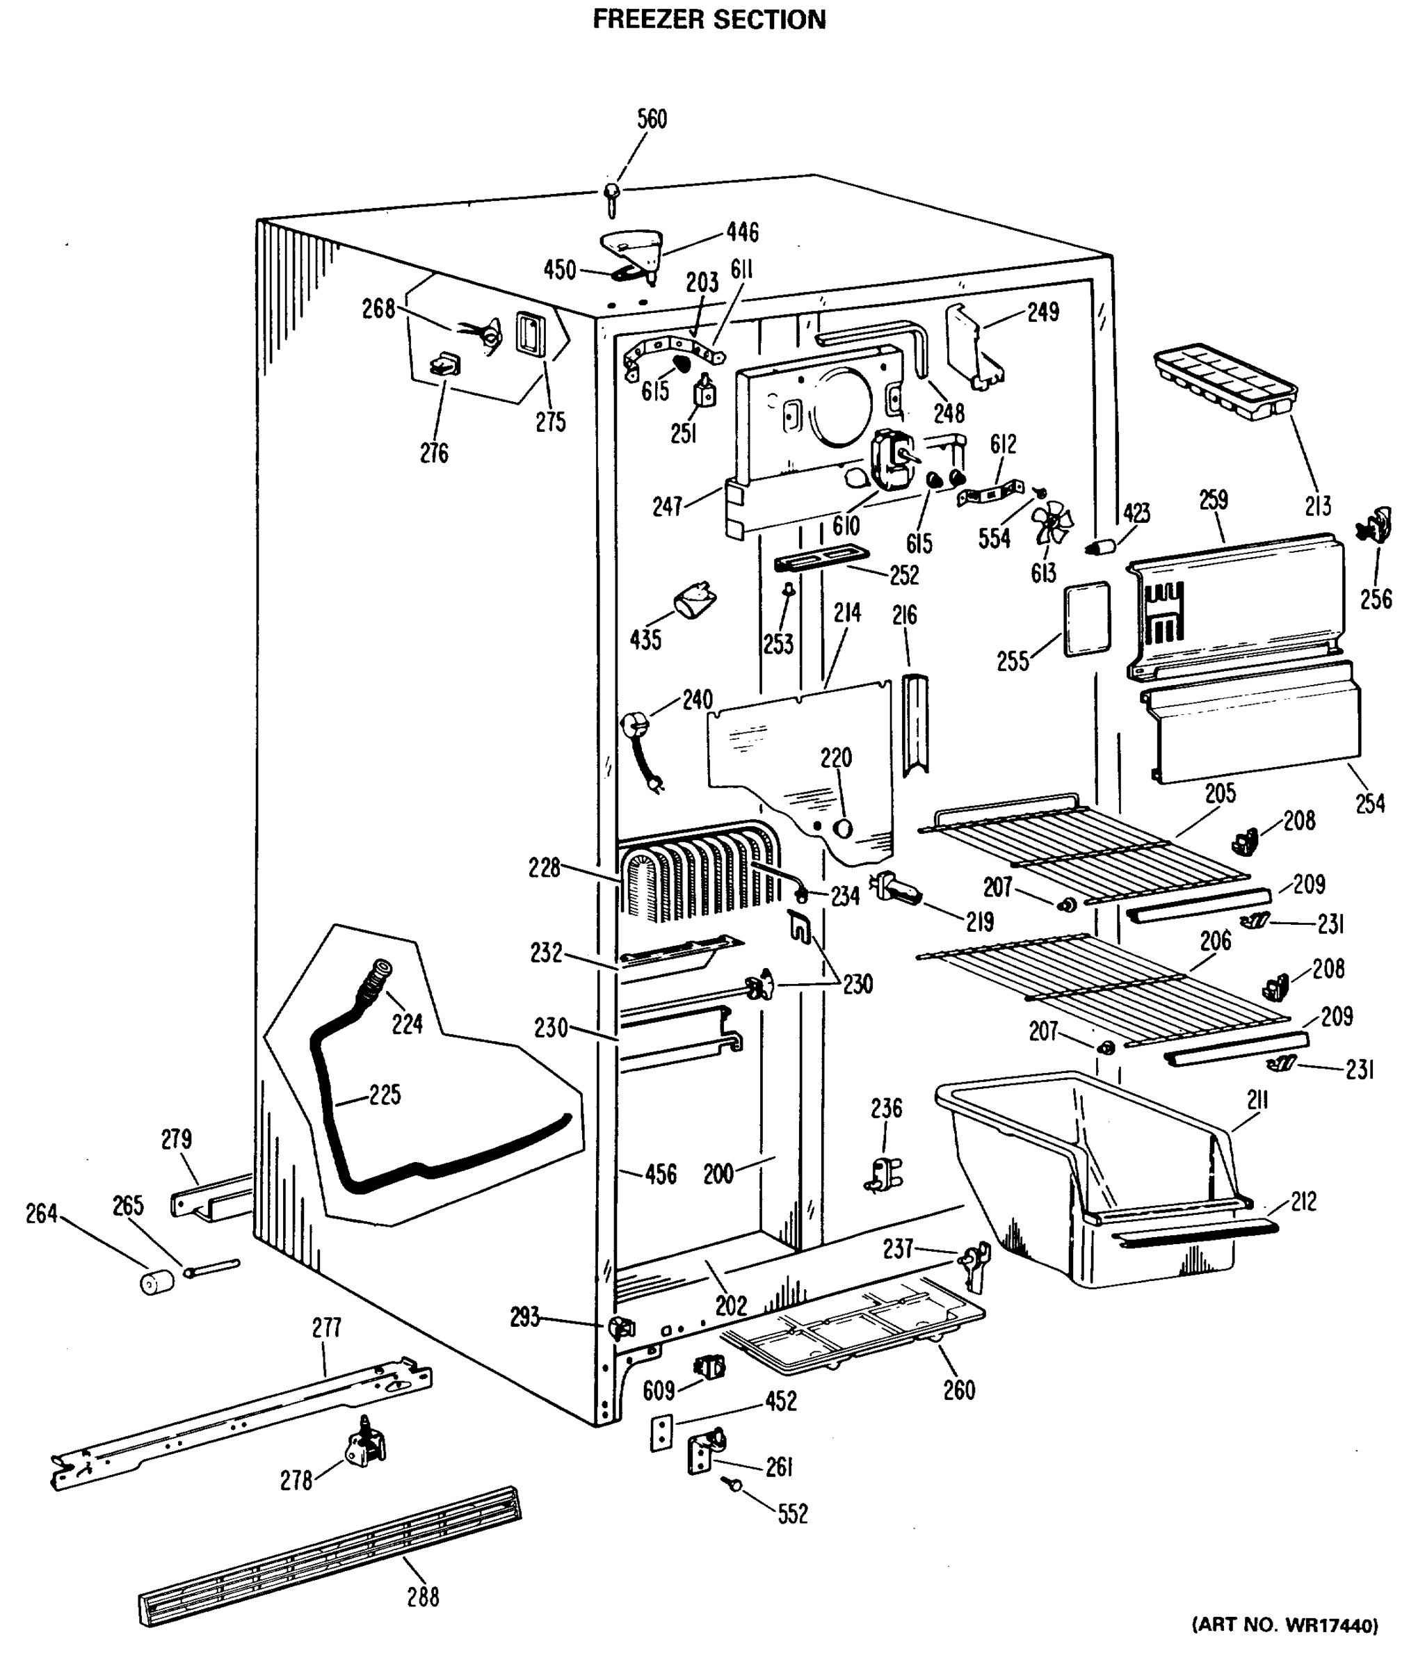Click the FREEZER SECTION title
[709, 19]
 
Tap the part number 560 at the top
[652, 119]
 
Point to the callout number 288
[422, 1596]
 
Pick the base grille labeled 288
[330, 1556]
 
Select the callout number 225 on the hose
[385, 1095]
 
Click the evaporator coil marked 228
[697, 878]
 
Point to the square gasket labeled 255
[1087, 619]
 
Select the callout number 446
[742, 232]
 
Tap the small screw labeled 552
[734, 1482]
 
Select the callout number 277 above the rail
[326, 1327]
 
